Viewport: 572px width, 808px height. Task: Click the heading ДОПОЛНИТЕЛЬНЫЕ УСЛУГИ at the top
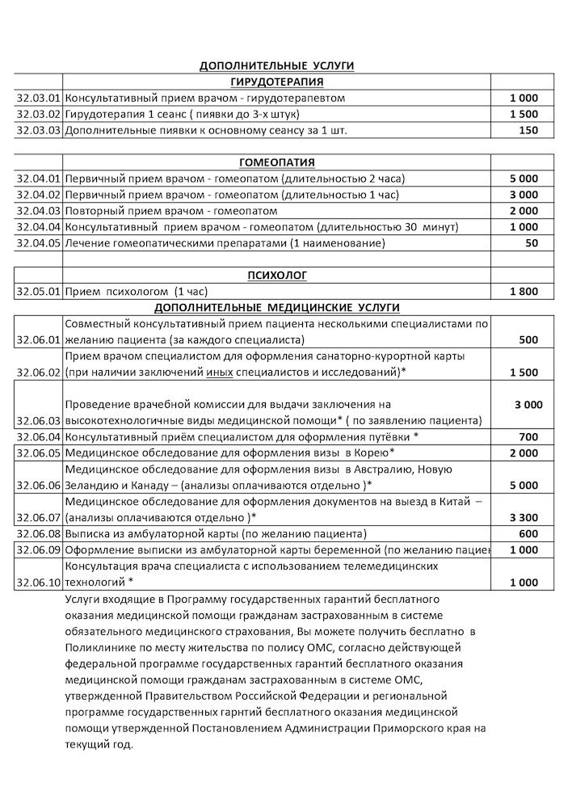click(x=277, y=65)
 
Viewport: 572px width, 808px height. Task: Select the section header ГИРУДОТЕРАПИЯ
click(x=277, y=82)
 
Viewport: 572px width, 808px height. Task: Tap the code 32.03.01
click(x=39, y=98)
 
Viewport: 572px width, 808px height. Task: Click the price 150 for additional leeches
click(x=528, y=130)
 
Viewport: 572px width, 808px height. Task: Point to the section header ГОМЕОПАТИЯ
click(x=277, y=162)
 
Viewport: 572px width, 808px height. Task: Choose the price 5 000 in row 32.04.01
click(x=524, y=178)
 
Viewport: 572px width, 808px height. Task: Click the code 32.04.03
click(x=39, y=210)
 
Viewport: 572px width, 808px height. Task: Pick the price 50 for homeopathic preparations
click(x=531, y=242)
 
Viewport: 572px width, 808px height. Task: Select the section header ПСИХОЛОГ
click(x=277, y=276)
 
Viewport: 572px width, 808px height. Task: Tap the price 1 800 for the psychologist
click(x=524, y=291)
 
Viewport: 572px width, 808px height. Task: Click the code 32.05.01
click(x=39, y=291)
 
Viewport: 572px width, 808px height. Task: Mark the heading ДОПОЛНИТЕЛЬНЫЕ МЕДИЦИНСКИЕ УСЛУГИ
click(x=277, y=307)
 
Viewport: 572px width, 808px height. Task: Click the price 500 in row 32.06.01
click(x=528, y=340)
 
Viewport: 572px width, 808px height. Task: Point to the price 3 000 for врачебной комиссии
click(x=528, y=404)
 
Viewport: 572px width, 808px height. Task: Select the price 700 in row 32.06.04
click(x=528, y=436)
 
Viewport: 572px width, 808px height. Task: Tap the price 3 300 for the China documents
click(x=524, y=517)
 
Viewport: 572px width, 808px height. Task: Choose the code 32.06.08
click(x=39, y=533)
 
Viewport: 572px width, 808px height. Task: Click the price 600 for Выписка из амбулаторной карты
click(x=528, y=533)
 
